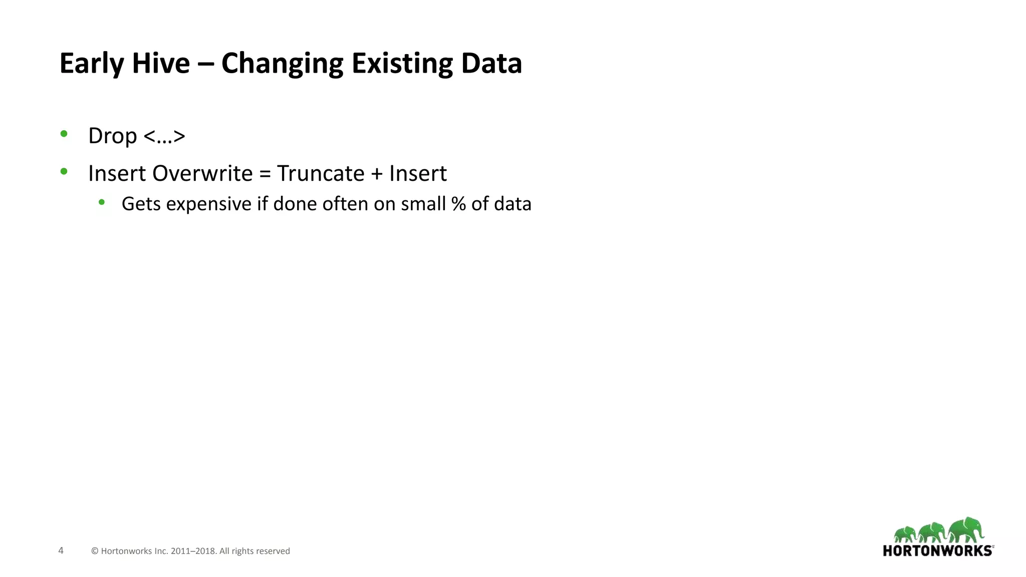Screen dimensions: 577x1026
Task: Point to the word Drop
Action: point(112,136)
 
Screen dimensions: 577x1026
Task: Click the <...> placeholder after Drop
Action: point(164,136)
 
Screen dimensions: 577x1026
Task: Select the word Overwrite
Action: point(202,173)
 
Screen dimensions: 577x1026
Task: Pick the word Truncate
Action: point(321,173)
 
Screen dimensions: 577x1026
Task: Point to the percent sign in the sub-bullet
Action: point(458,204)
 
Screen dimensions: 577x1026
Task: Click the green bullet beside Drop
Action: point(64,134)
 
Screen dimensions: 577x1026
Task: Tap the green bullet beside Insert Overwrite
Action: point(64,171)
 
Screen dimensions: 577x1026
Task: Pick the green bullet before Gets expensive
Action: point(102,202)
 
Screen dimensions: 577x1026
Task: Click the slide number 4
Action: point(61,550)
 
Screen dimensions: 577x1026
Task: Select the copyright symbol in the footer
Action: point(95,551)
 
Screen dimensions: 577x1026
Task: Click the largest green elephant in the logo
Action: point(966,530)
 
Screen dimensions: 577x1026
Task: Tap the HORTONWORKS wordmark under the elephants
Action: point(937,551)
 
